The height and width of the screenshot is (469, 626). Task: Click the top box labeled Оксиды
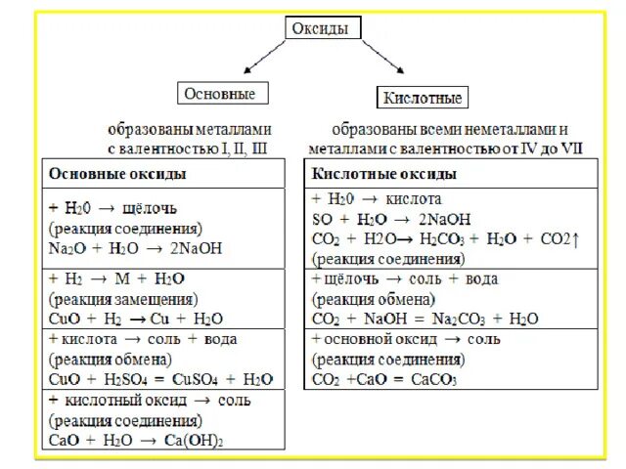coord(319,29)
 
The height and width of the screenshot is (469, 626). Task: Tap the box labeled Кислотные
coord(423,98)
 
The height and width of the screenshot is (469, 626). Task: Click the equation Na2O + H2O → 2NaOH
coord(135,247)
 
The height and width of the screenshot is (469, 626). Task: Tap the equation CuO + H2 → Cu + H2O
coord(135,318)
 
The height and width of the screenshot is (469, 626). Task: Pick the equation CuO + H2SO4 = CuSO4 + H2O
coord(160,378)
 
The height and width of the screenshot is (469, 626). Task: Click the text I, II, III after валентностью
coord(241,149)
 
